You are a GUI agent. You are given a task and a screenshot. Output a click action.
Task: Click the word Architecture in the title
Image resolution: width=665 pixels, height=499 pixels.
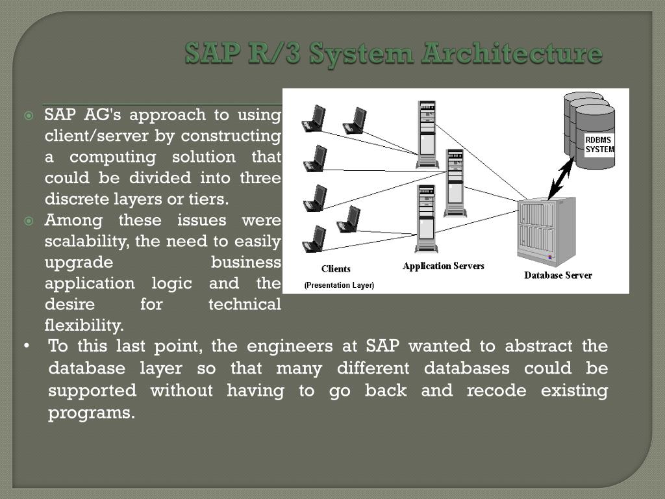click(x=511, y=53)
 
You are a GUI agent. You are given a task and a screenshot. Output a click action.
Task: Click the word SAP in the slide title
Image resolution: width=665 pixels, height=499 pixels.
click(x=207, y=53)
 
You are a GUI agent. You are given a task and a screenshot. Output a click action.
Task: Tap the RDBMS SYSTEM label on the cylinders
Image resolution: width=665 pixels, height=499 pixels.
click(x=598, y=144)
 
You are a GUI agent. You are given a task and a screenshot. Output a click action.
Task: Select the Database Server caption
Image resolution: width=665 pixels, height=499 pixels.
click(x=558, y=275)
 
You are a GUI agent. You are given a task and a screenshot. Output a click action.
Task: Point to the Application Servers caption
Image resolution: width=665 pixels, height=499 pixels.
click(x=443, y=266)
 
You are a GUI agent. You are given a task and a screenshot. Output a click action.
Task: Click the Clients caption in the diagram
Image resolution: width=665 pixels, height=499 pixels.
click(x=336, y=269)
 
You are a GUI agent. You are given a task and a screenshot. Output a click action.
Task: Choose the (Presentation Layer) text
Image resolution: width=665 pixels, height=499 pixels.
click(x=339, y=285)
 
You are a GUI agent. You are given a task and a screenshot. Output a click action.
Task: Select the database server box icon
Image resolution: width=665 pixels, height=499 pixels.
click(x=546, y=231)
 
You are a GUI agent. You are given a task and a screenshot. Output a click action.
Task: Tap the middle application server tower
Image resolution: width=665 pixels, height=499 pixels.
click(x=455, y=183)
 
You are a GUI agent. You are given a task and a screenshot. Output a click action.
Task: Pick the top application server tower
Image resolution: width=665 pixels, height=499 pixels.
click(x=427, y=134)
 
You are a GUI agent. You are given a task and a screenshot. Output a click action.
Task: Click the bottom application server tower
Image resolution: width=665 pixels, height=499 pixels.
click(x=426, y=218)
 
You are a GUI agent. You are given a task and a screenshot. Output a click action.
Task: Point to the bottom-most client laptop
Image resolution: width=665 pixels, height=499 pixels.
click(x=314, y=239)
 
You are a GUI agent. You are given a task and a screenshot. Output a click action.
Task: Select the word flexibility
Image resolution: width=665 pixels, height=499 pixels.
click(x=84, y=325)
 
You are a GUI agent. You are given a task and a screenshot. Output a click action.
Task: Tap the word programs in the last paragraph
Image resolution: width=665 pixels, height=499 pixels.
click(x=92, y=413)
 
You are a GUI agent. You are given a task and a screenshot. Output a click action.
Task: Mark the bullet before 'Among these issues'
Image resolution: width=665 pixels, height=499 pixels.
click(x=29, y=222)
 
